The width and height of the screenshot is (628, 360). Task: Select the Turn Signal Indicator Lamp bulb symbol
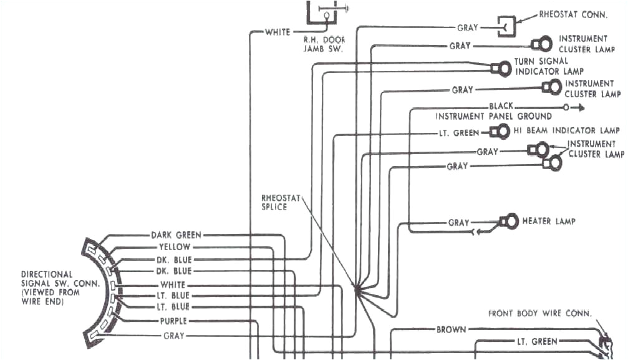[x=500, y=68]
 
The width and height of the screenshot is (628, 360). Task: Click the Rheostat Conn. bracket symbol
[x=505, y=26]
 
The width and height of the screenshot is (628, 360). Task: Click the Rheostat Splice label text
[x=274, y=202]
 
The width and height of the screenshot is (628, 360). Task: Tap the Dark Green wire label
[x=176, y=235]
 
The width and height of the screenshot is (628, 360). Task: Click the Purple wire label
[x=173, y=321]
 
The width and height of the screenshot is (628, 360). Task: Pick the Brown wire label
[x=450, y=329]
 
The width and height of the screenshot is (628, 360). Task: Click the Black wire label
[x=501, y=107]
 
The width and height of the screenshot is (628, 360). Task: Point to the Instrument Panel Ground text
[x=493, y=116]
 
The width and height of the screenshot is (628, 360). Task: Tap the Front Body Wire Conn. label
[x=539, y=314]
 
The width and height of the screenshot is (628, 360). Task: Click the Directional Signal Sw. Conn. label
[x=47, y=288]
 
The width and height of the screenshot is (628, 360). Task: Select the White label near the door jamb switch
[x=278, y=32]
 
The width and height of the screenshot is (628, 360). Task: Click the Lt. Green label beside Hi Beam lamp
[x=458, y=133]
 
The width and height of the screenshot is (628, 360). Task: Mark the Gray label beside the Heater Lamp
[x=458, y=223]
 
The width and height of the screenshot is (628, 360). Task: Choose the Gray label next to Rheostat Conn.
[x=467, y=27]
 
